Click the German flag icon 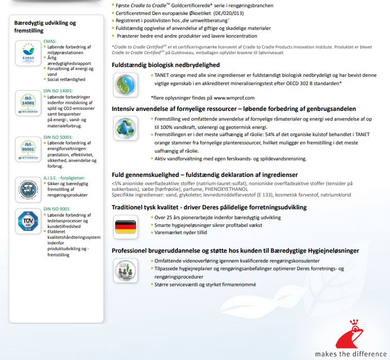(x=124, y=225)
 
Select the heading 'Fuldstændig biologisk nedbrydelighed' (x=166, y=65)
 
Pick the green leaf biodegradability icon (x=124, y=83)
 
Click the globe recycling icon (x=124, y=127)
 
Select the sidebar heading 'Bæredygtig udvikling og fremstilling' (x=45, y=27)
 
